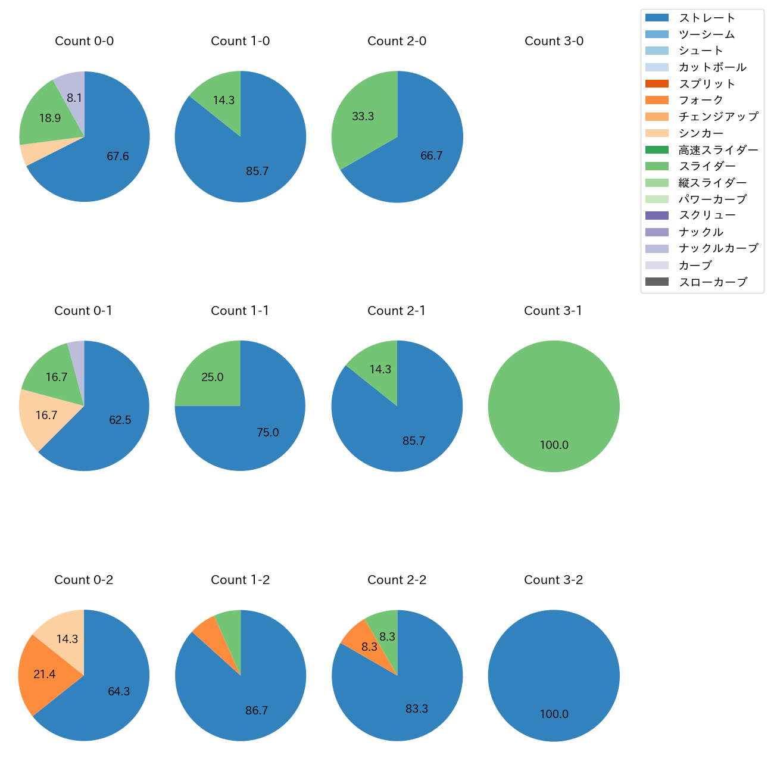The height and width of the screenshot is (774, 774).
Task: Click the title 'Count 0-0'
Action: pyautogui.click(x=84, y=41)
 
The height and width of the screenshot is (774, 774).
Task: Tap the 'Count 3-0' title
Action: pyautogui.click(x=554, y=41)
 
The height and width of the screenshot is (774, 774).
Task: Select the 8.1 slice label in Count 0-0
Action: pyautogui.click(x=74, y=98)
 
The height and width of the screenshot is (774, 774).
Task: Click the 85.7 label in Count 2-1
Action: pyautogui.click(x=414, y=441)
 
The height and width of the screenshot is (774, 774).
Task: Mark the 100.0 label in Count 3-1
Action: pyautogui.click(x=554, y=445)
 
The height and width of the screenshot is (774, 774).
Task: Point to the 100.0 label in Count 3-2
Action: pyautogui.click(x=554, y=714)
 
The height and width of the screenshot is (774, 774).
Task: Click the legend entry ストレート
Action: pyautogui.click(x=707, y=18)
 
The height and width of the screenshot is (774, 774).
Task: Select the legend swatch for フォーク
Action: pyautogui.click(x=657, y=100)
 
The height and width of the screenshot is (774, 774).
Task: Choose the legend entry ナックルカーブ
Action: pyautogui.click(x=718, y=248)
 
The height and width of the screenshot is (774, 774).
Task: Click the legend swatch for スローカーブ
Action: pyautogui.click(x=657, y=282)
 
